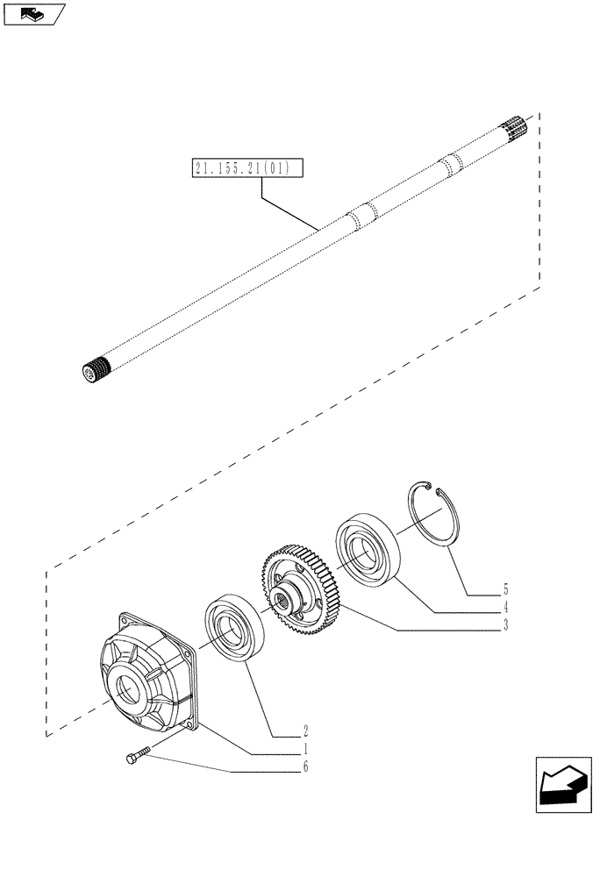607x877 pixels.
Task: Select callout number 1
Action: [305, 750]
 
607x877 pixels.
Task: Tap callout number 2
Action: [305, 730]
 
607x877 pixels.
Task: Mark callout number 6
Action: [305, 768]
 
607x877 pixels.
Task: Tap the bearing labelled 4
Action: [366, 553]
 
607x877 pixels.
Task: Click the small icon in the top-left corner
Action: [33, 13]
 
